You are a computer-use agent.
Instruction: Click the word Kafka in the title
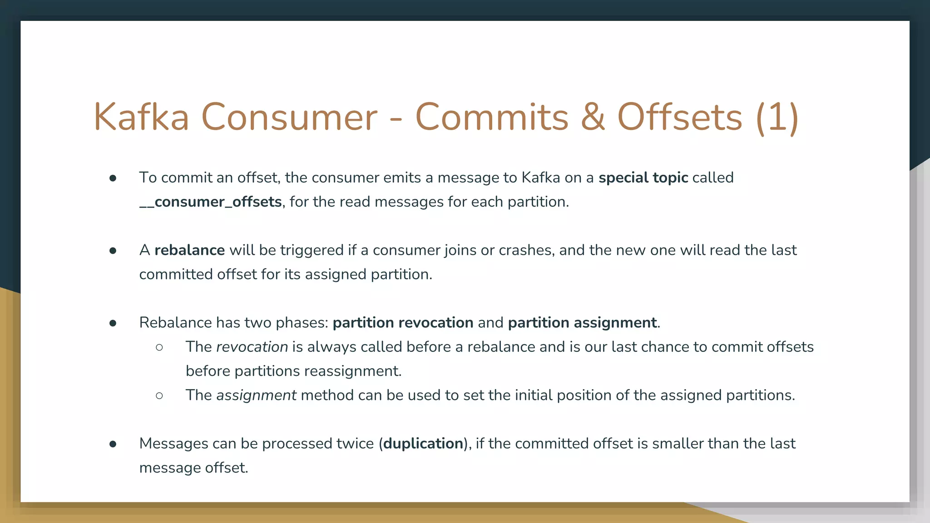coord(141,117)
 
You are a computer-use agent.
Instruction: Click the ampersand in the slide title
coord(593,117)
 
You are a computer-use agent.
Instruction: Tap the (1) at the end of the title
coord(777,117)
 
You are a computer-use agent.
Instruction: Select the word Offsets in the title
coord(680,117)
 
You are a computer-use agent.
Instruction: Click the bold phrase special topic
coord(643,178)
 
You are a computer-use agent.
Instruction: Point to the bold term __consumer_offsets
coord(211,202)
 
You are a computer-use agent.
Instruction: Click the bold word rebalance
coord(189,250)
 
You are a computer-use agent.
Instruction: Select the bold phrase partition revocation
coord(403,323)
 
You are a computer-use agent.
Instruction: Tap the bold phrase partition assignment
coord(582,323)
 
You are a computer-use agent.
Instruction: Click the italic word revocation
coord(252,347)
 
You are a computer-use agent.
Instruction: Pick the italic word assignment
coord(256,395)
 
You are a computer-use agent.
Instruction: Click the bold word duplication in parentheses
coord(423,444)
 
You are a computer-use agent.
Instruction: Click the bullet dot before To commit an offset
coord(113,178)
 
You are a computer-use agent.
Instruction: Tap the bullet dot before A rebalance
coord(113,251)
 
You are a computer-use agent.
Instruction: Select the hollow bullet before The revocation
coord(159,347)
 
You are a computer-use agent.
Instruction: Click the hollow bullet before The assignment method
coord(159,396)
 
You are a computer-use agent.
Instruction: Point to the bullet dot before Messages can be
coord(113,444)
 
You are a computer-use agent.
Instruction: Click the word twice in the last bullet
coord(355,444)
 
